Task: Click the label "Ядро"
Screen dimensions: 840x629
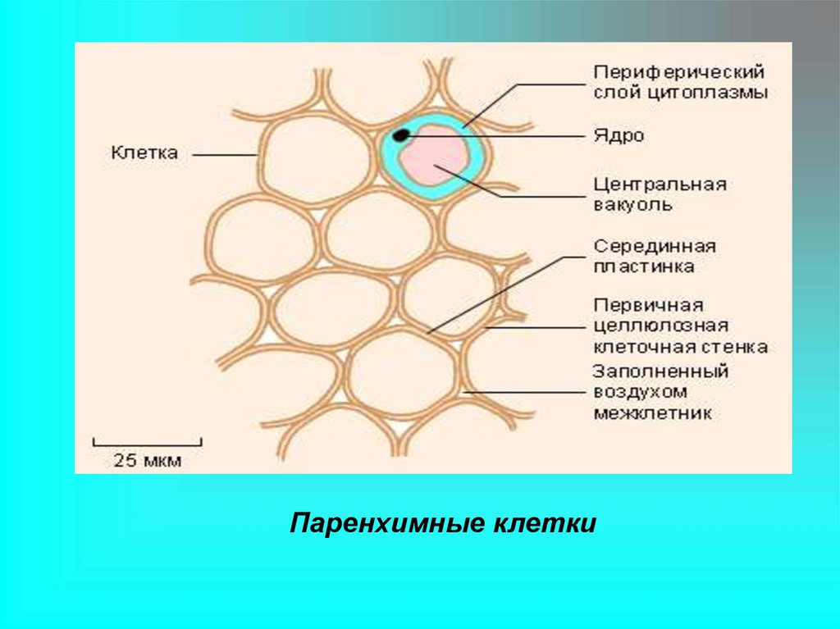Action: click(619, 136)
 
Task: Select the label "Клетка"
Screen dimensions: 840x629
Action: click(144, 153)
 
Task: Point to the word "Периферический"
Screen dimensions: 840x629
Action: click(679, 72)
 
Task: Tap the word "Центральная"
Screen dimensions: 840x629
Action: click(660, 184)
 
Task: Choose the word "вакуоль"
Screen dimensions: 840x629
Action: click(633, 204)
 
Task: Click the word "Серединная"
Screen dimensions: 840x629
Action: click(655, 246)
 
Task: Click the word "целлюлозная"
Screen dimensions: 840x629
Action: click(661, 326)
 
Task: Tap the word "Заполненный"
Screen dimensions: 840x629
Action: click(660, 371)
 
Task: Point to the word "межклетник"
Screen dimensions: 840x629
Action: click(652, 412)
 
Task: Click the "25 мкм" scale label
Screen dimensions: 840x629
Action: click(148, 460)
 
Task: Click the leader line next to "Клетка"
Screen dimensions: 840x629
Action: click(225, 153)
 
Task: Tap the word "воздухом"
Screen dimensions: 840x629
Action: click(640, 392)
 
